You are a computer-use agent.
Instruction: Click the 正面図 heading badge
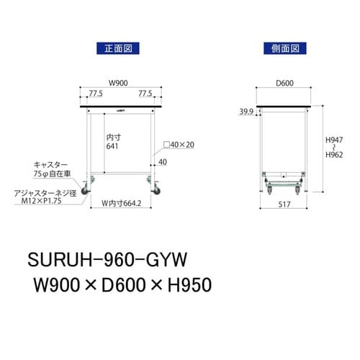pos(117,48)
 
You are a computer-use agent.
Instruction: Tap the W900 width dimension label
pos(120,82)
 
